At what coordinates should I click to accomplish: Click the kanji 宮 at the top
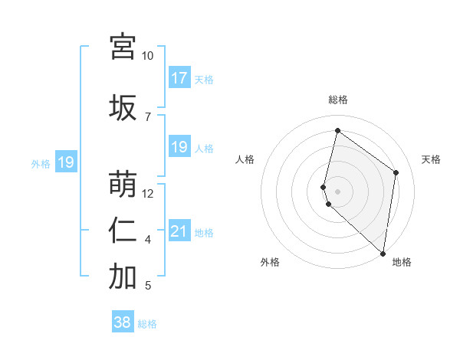click(123, 47)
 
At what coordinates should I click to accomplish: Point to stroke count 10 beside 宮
click(148, 56)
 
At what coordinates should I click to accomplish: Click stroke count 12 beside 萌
click(148, 194)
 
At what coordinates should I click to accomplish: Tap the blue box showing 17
click(179, 78)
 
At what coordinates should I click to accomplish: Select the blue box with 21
click(179, 231)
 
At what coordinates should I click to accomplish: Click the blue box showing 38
click(123, 322)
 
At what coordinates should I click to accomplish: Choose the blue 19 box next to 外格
click(65, 162)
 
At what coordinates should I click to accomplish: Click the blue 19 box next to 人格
click(179, 147)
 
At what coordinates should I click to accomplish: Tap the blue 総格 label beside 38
click(147, 324)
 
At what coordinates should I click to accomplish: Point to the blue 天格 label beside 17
click(204, 79)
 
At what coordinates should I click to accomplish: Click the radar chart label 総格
click(338, 100)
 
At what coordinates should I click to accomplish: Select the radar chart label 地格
click(402, 263)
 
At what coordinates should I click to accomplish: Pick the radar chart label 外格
click(270, 263)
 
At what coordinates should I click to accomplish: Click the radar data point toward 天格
click(396, 172)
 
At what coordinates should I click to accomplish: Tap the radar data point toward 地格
click(383, 253)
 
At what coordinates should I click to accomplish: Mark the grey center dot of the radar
click(338, 191)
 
